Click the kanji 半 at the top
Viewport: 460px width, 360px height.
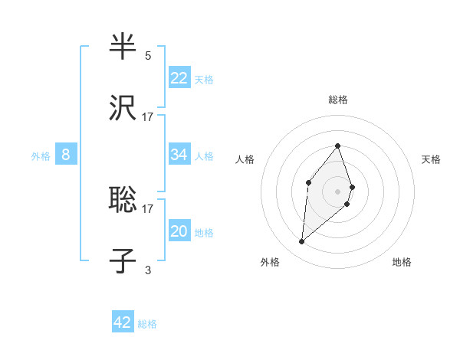[123, 47]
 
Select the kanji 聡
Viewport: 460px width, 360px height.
[123, 200]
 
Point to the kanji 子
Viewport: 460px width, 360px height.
[123, 261]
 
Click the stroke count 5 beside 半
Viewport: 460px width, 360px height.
[148, 56]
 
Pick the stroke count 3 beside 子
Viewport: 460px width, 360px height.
[148, 270]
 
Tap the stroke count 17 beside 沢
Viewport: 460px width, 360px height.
[148, 117]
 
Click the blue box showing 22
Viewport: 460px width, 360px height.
[179, 77]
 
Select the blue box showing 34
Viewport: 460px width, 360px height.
[179, 155]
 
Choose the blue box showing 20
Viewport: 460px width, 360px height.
[179, 231]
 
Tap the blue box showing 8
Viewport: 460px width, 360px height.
[66, 155]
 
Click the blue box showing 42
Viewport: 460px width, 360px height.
[123, 322]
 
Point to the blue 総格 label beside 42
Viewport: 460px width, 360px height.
[147, 324]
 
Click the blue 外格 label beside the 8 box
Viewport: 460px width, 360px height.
[41, 156]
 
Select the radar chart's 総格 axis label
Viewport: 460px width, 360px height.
[338, 100]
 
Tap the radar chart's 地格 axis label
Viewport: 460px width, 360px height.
[402, 263]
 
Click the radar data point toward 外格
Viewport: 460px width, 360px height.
[301, 242]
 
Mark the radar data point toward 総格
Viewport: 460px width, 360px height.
[338, 146]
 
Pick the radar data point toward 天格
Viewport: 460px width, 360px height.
[352, 187]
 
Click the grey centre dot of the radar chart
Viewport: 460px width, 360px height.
[338, 191]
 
